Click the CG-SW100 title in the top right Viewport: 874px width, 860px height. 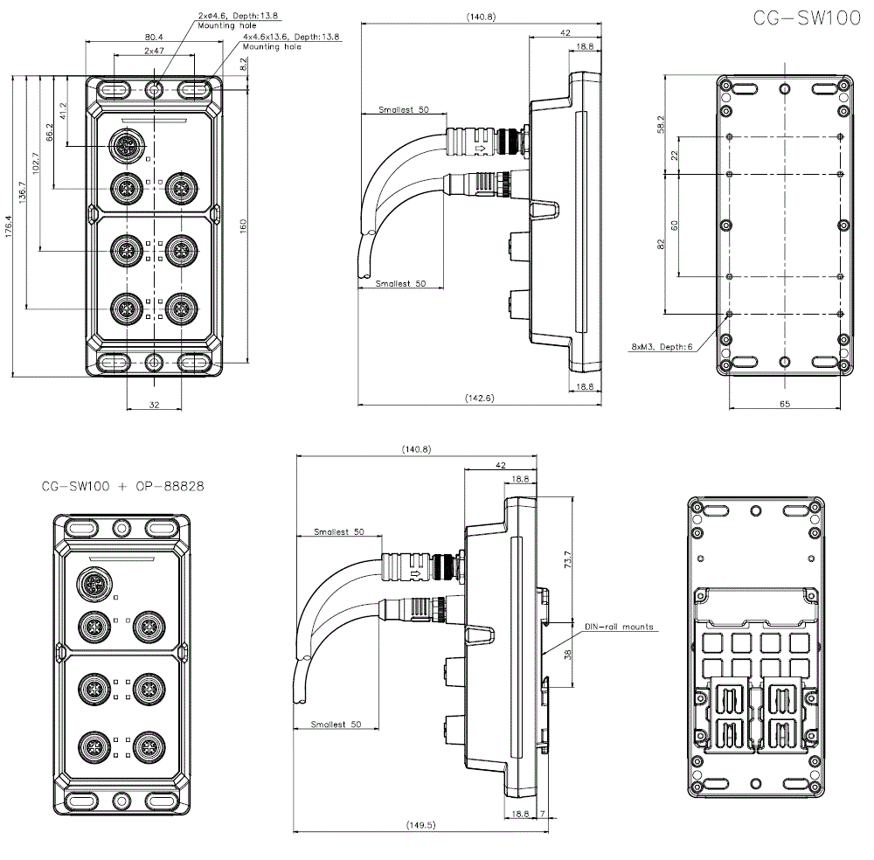[x=805, y=19]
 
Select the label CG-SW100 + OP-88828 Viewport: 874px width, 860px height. [x=122, y=487]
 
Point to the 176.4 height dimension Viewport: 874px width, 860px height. [x=10, y=225]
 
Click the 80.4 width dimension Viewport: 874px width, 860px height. [x=154, y=37]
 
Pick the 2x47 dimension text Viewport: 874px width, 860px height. [x=154, y=52]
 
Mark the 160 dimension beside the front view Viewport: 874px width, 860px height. [x=244, y=225]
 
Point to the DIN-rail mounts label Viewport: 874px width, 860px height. [x=619, y=627]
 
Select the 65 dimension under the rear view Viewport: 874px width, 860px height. [x=784, y=404]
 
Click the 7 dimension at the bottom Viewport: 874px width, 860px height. [x=543, y=814]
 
